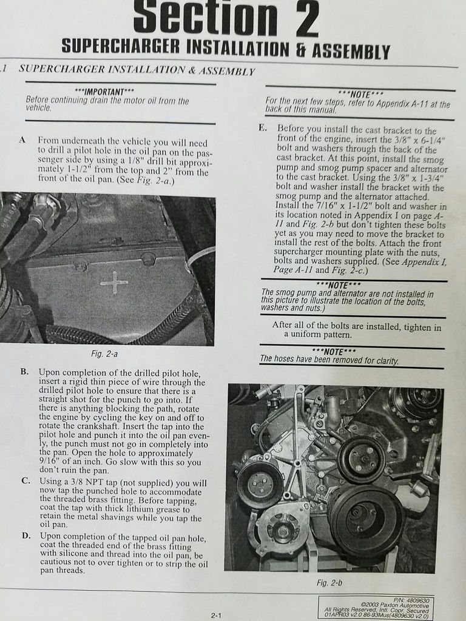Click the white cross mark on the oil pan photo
pyautogui.click(x=113, y=283)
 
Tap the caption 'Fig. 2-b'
pyautogui.click(x=329, y=583)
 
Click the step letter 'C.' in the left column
pyautogui.click(x=25, y=482)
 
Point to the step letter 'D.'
pyautogui.click(x=26, y=536)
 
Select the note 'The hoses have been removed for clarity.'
pyautogui.click(x=329, y=360)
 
